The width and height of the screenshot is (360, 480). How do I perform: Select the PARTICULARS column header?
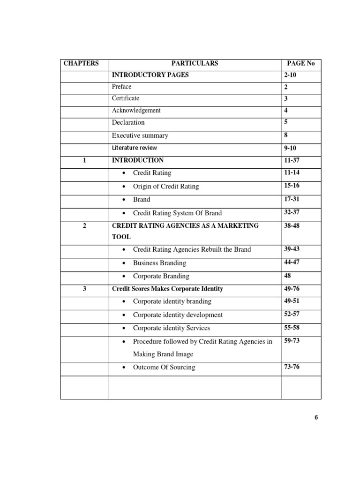pos(195,63)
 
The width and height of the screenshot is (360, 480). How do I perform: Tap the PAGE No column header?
pos(301,63)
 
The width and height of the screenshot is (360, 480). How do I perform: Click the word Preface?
pos(121,87)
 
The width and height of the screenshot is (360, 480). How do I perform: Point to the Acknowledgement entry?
pos(136,111)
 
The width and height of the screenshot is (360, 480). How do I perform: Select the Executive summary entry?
pos(140,135)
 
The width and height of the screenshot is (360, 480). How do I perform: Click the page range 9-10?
pos(291,148)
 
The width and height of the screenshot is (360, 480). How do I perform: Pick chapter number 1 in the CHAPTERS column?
pos(84,160)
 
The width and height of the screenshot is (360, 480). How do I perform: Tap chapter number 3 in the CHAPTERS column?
pos(84,289)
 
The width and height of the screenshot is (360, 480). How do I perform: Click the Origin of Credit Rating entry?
pos(165,187)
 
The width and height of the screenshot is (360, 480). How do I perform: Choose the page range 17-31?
pos(292,199)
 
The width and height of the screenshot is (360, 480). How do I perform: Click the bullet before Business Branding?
pos(123,263)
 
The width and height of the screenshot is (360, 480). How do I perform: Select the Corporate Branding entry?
pos(161,276)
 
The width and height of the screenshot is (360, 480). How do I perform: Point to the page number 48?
pos(287,276)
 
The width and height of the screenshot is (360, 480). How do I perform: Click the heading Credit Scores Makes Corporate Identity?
pos(167,289)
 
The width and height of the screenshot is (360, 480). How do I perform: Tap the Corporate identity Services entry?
pos(171,328)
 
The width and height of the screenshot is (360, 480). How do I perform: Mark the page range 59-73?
pos(292,340)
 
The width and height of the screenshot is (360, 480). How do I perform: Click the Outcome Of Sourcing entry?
pos(164,367)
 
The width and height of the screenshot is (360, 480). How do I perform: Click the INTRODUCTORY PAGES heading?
pos(150,75)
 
